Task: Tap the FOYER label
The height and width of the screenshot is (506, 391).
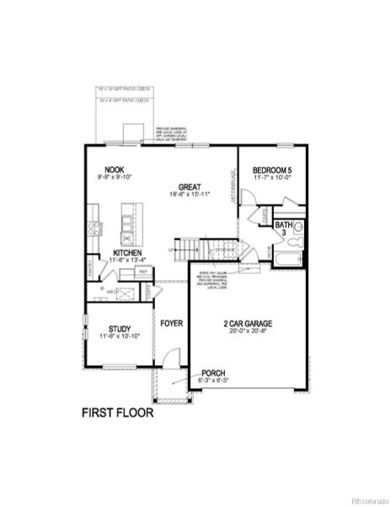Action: coord(172,323)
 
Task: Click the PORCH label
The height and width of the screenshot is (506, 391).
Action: coord(212,372)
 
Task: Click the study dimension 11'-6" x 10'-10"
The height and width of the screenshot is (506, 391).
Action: coord(117,336)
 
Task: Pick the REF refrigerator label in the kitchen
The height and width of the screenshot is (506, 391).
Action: coord(143,272)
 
